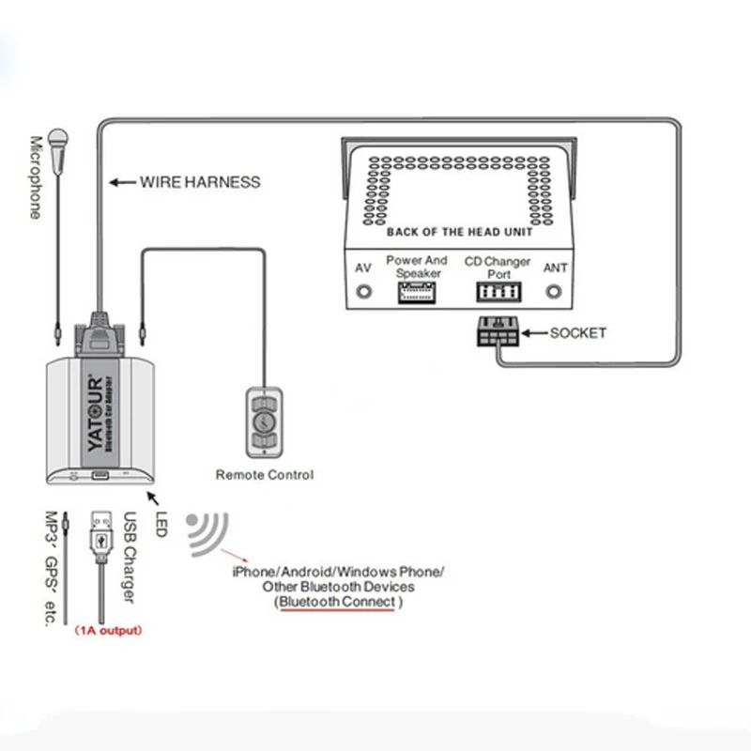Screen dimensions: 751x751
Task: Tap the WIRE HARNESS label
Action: point(200,182)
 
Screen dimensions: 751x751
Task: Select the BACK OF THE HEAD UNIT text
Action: point(460,232)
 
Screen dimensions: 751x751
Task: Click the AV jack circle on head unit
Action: point(363,292)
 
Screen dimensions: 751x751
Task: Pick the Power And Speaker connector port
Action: point(417,293)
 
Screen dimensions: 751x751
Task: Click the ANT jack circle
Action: point(556,292)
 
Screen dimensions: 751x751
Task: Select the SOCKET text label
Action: point(578,333)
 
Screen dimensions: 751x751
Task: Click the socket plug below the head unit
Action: point(496,333)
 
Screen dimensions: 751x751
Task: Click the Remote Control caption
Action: point(265,475)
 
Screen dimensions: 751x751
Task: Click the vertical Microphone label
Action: point(36,178)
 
